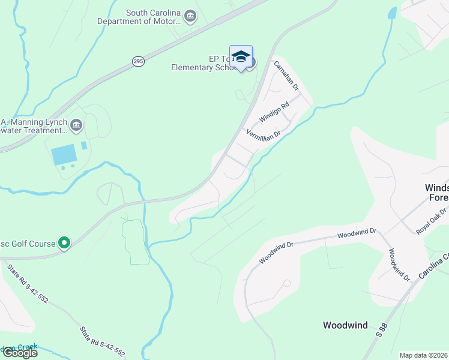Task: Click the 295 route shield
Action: point(138,61)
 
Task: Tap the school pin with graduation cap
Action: point(241,57)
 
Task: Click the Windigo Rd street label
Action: point(274,112)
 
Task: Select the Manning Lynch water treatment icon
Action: point(76,125)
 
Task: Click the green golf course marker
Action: point(64,243)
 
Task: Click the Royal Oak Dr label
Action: point(433,220)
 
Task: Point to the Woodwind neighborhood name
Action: point(345,325)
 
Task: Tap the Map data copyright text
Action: point(423,355)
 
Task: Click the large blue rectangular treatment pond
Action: point(64,155)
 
